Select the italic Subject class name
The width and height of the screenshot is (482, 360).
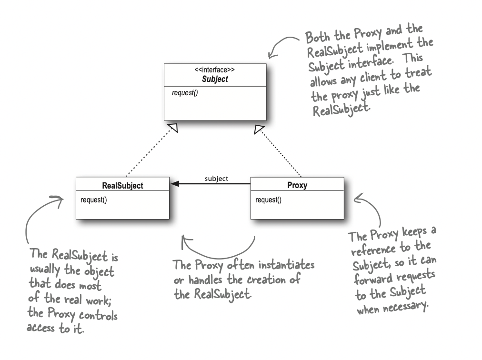(215, 79)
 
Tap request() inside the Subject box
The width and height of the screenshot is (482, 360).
(185, 92)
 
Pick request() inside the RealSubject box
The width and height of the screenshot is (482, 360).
(94, 200)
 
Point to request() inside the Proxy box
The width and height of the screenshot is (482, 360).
(268, 200)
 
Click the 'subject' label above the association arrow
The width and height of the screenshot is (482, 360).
(216, 179)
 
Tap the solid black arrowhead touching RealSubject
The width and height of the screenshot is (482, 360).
(175, 183)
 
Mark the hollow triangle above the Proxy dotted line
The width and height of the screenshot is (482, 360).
(259, 128)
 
